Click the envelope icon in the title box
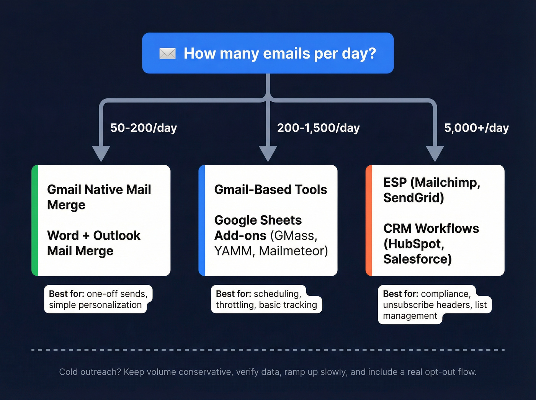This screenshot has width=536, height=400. pyautogui.click(x=167, y=54)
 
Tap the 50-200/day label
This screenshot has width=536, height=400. pyautogui.click(x=144, y=128)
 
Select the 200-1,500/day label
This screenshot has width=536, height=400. pyautogui.click(x=318, y=128)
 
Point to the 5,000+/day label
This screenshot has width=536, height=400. pyautogui.click(x=476, y=128)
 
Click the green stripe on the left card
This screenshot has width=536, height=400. pyautogui.click(x=35, y=220)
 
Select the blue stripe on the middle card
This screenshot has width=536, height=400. pyautogui.click(x=202, y=220)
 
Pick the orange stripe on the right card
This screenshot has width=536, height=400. pyautogui.click(x=369, y=220)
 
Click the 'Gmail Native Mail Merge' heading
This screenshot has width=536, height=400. pyautogui.click(x=99, y=197)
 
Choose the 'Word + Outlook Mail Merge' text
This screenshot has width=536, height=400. pyautogui.click(x=93, y=243)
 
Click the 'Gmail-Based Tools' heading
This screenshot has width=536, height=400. pyautogui.click(x=270, y=189)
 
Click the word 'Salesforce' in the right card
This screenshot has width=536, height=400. pyautogui.click(x=417, y=259)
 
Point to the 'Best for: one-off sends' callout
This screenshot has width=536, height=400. pyautogui.click(x=98, y=299)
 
